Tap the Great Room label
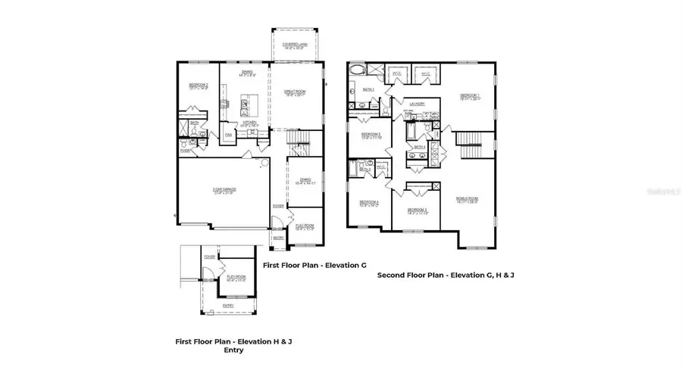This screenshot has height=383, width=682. click(x=294, y=93)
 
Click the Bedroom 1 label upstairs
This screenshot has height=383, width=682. click(x=470, y=96)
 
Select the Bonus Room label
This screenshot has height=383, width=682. click(x=467, y=200)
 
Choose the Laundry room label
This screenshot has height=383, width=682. click(x=416, y=104)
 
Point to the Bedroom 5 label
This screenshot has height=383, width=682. click(x=371, y=135)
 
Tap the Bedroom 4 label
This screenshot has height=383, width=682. click(x=369, y=203)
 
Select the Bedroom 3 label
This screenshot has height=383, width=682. click(x=418, y=211)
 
